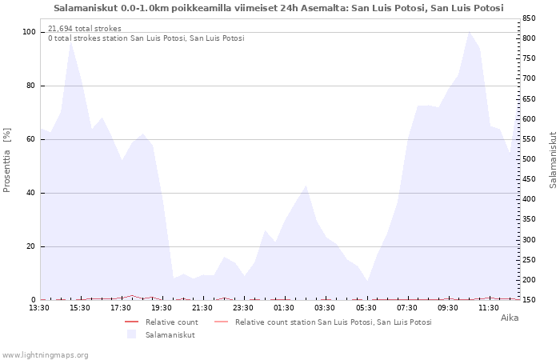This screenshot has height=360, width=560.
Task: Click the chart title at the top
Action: [x=278, y=8]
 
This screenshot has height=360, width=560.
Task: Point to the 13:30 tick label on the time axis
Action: [x=39, y=308]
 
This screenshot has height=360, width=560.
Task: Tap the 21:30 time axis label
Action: [x=202, y=308]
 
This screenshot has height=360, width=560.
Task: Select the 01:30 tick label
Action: [x=284, y=308]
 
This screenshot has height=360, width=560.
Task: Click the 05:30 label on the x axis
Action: [x=366, y=308]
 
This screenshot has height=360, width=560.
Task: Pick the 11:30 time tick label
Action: [x=489, y=308]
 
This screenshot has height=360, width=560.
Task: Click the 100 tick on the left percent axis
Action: [x=30, y=32]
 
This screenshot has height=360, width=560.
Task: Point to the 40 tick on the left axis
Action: [x=31, y=193]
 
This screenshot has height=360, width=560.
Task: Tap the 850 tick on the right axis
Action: [x=529, y=18]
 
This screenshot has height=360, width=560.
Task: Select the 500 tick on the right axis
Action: [x=529, y=159]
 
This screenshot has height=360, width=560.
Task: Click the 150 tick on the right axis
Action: [x=529, y=300]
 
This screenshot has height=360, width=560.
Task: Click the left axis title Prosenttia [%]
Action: [x=6, y=160]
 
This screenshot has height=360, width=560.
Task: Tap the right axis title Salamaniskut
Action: [x=553, y=160]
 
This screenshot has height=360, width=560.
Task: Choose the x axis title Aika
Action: [x=510, y=318]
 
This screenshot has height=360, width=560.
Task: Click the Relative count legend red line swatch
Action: [x=131, y=322]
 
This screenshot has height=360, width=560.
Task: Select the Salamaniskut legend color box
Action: [x=131, y=334]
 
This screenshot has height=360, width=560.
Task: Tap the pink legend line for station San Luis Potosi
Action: [x=221, y=322]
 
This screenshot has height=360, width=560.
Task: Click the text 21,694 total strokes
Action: [x=85, y=29]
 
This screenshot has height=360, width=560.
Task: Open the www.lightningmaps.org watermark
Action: [x=45, y=355]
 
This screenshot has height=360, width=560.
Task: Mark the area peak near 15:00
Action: [x=70, y=42]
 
